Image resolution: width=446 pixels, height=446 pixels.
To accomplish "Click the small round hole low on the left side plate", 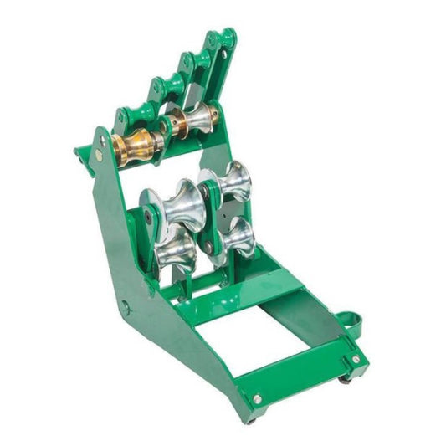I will (x=126, y=308).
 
